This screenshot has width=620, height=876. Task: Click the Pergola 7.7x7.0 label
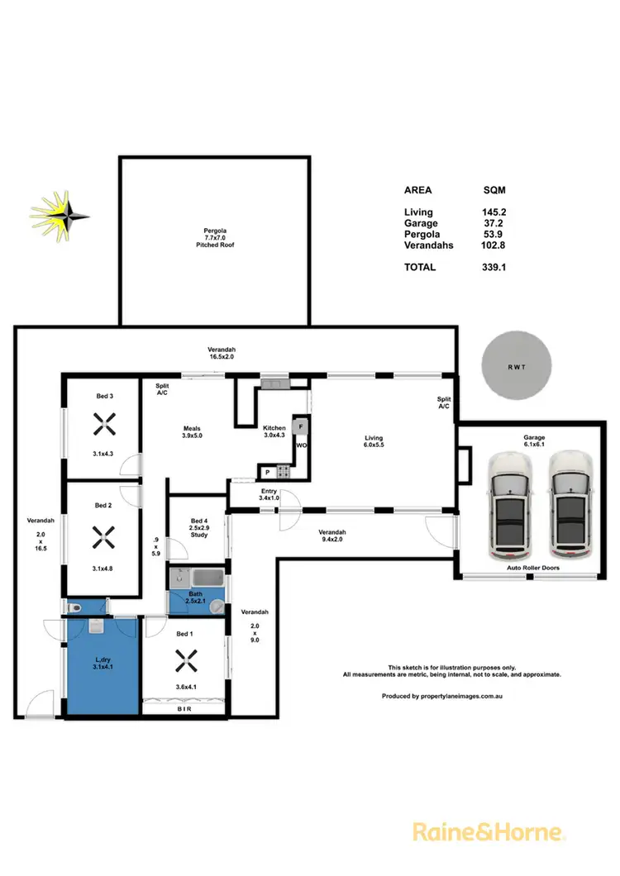pyautogui.click(x=217, y=238)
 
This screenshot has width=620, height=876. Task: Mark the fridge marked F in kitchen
pyautogui.click(x=302, y=426)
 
